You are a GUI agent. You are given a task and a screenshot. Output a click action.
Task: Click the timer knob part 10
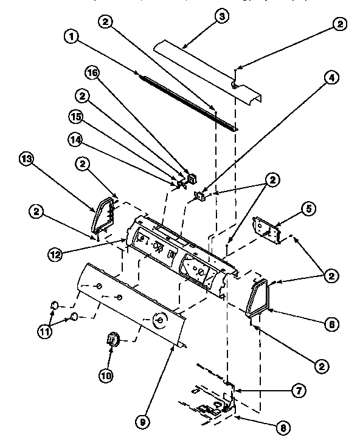pyautogui.click(x=111, y=340)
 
